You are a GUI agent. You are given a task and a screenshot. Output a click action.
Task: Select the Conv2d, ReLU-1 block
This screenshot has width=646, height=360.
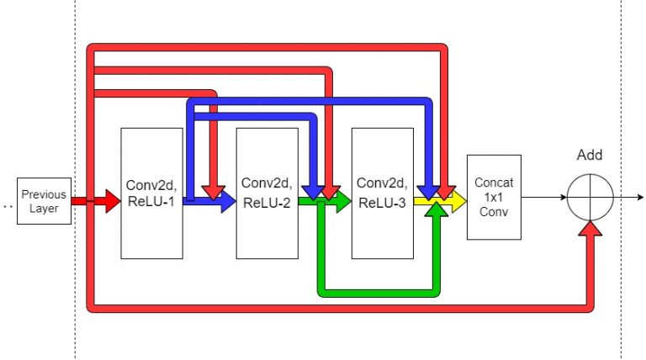[151, 193]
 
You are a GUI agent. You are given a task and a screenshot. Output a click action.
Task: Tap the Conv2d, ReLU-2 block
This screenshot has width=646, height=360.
[267, 193]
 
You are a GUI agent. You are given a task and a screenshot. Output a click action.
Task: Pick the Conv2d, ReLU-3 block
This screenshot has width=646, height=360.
[382, 193]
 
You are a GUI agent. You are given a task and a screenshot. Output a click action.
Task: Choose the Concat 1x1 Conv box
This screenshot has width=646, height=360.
[495, 198]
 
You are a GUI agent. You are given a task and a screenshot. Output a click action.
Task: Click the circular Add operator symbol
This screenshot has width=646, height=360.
[590, 199]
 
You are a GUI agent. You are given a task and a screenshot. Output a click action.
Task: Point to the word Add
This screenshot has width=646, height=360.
[590, 155]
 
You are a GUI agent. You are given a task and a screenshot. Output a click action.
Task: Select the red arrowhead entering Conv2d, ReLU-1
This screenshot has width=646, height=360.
[112, 201]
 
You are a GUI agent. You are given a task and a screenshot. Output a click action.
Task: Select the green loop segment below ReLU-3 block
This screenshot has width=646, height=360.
[379, 293]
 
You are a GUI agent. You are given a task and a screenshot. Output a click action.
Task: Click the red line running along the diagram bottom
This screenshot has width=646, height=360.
[336, 310]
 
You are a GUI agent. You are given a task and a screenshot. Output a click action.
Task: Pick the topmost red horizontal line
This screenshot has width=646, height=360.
[269, 46]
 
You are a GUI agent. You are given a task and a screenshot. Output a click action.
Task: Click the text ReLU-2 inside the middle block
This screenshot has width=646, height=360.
[267, 203]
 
